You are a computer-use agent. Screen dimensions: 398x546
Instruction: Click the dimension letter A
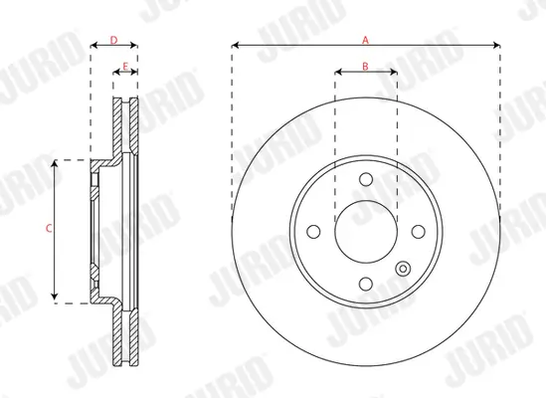point(365,39)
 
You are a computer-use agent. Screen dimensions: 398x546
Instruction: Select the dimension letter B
point(365,66)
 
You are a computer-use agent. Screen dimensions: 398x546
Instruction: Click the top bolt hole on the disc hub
point(365,179)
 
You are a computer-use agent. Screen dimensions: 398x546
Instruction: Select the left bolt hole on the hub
point(314,231)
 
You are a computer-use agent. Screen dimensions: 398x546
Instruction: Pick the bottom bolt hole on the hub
point(365,283)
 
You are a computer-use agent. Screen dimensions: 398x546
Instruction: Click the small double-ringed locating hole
point(403,268)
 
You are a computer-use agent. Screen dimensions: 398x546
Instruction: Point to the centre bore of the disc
point(365,231)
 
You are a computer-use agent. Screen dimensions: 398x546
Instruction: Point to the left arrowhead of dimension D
point(93,46)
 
